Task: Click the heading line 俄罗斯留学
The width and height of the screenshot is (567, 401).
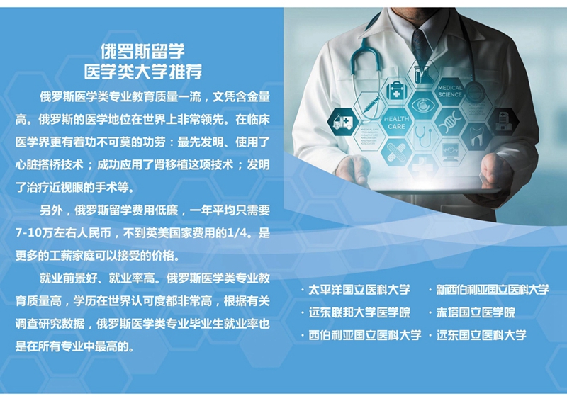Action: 142,51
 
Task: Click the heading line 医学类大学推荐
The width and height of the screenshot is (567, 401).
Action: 143,72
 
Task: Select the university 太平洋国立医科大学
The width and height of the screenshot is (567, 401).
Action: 359,290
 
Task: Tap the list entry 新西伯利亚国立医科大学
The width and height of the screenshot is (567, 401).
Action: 493,290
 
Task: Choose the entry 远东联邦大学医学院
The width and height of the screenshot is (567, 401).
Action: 359,312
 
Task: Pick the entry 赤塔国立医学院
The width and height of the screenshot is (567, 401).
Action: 476,312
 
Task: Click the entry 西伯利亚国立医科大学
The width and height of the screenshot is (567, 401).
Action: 365,335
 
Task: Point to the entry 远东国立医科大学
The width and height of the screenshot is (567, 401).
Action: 481,335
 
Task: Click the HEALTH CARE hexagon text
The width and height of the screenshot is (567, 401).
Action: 396,123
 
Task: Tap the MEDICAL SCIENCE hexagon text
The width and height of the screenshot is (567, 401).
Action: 450,91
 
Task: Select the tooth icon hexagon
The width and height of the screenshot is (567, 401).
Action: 476,136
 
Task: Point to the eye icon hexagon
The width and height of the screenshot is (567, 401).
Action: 422,106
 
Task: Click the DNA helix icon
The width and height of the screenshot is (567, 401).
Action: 449,121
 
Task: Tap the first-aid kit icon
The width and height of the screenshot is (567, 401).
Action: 396,90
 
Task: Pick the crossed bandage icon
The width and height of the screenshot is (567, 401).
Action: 396,152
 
